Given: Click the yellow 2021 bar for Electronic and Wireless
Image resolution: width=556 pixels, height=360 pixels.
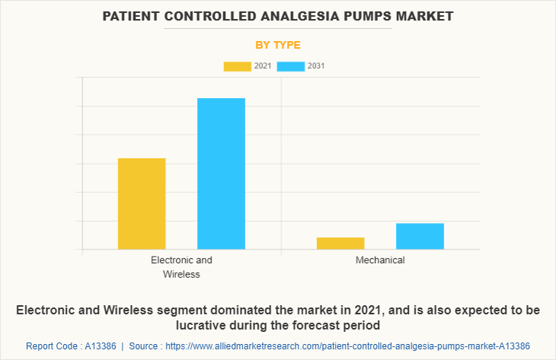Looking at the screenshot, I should coord(142,203).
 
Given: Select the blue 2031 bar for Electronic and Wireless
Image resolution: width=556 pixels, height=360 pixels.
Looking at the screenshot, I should coord(221,174).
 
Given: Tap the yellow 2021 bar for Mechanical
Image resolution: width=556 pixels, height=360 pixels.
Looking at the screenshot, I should coord(340,243).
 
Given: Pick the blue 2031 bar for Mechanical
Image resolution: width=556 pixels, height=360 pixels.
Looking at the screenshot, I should coord(420,236).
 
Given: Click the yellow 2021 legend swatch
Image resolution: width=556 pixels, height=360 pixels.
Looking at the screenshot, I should coord(237,66).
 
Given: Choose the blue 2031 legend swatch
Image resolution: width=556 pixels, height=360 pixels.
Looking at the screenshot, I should coord(291,66).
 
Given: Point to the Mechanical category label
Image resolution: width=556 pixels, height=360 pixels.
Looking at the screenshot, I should coord(380,260).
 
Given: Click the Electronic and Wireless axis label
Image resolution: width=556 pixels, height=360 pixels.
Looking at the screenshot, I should coord(181,266).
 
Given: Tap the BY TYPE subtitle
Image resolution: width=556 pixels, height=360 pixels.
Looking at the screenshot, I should coord(278,45).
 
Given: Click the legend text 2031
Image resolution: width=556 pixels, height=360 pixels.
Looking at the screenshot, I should coord(316,66).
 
